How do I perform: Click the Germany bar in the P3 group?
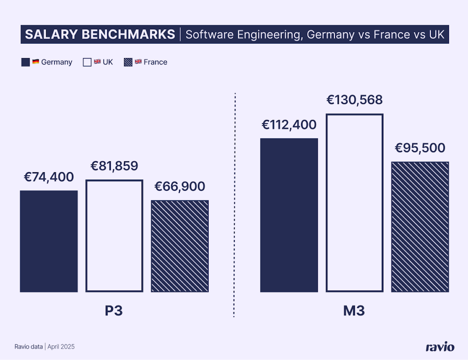click(49, 241)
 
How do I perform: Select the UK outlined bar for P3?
click(114, 236)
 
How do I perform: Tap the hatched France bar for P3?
click(180, 246)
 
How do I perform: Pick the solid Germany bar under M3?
click(289, 215)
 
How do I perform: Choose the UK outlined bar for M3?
click(355, 203)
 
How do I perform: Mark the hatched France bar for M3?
click(420, 227)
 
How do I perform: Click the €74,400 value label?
click(49, 177)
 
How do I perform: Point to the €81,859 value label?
click(114, 166)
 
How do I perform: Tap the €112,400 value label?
click(289, 125)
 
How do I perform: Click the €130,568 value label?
click(355, 100)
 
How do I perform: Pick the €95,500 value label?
click(420, 148)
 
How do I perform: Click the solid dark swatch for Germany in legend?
click(25, 62)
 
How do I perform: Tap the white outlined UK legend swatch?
click(87, 62)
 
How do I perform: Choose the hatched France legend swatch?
click(128, 62)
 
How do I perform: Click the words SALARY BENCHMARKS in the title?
click(100, 34)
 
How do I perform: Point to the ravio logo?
click(440, 346)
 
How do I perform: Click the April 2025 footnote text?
click(61, 346)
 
